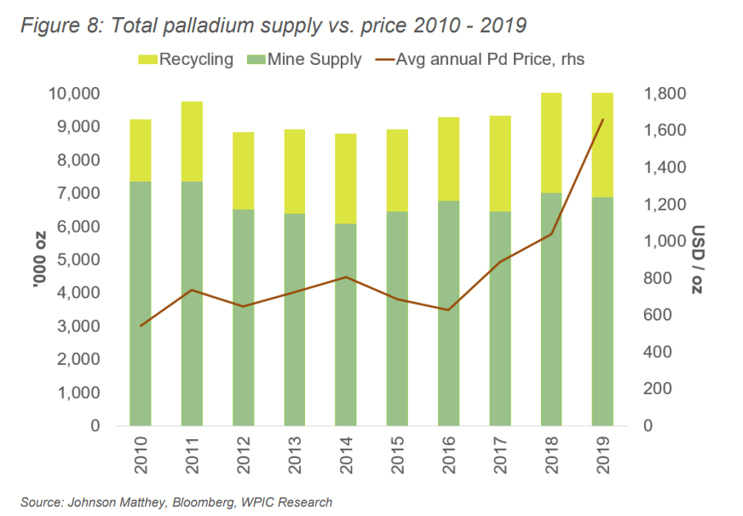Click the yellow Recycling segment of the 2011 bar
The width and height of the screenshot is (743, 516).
[x=192, y=142]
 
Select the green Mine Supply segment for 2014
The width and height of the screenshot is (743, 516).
[x=346, y=324]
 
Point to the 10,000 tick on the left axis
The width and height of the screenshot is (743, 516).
[x=75, y=93]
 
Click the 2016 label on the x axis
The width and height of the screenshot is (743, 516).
[x=448, y=457]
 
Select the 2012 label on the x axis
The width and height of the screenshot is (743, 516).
[x=243, y=457]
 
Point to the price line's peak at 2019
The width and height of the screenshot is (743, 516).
[x=602, y=120]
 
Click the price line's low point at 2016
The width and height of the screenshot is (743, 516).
[x=448, y=310]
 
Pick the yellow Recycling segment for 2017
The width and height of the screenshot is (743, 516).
[x=500, y=164]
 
